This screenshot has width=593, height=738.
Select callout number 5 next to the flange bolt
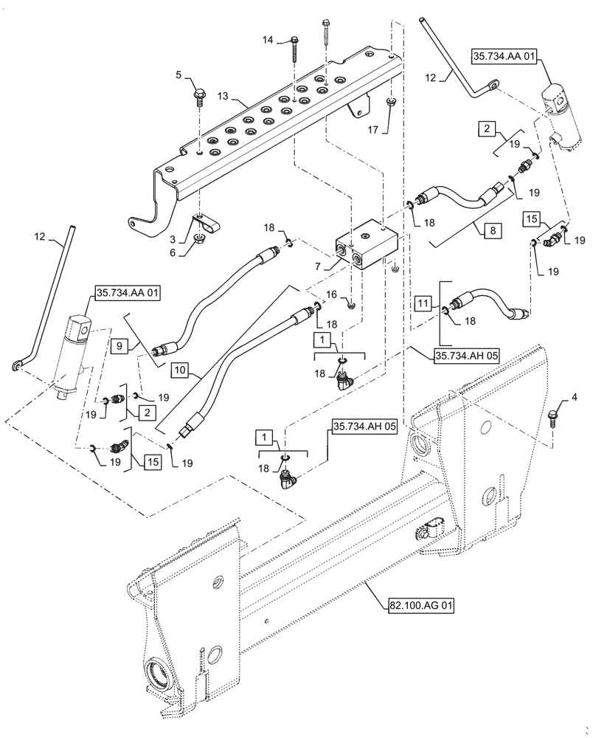click(178, 75)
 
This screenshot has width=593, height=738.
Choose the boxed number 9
click(119, 345)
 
